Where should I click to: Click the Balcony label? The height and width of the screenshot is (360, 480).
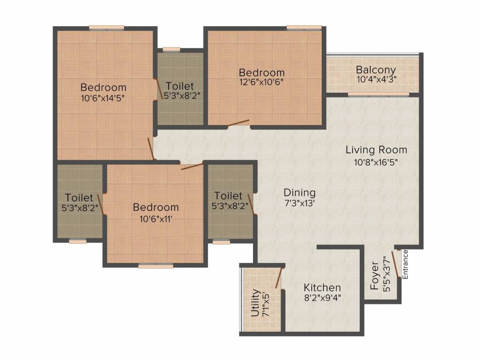(x=375, y=70)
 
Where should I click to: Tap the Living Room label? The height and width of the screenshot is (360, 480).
(x=376, y=150)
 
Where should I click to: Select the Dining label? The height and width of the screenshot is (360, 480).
(x=300, y=193)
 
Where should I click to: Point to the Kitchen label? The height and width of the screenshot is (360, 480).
(x=322, y=288)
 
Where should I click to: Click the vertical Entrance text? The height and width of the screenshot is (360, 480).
(x=405, y=264)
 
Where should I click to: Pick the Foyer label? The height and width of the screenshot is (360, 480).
(x=375, y=276)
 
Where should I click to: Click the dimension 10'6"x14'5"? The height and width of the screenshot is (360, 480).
(x=103, y=98)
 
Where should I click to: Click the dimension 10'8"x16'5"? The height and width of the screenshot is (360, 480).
(x=376, y=162)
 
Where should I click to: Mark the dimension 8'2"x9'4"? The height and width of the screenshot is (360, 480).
(x=322, y=298)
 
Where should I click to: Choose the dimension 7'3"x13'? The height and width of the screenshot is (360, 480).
(x=300, y=203)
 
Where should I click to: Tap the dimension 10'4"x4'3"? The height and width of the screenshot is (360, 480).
(x=376, y=79)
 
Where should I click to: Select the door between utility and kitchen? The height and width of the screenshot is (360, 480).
(x=278, y=278)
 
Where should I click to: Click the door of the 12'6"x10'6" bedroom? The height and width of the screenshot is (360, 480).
(x=239, y=123)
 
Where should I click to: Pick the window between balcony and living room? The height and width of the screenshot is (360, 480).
(x=379, y=94)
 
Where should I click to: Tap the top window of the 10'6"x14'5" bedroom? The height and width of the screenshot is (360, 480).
(x=106, y=28)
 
